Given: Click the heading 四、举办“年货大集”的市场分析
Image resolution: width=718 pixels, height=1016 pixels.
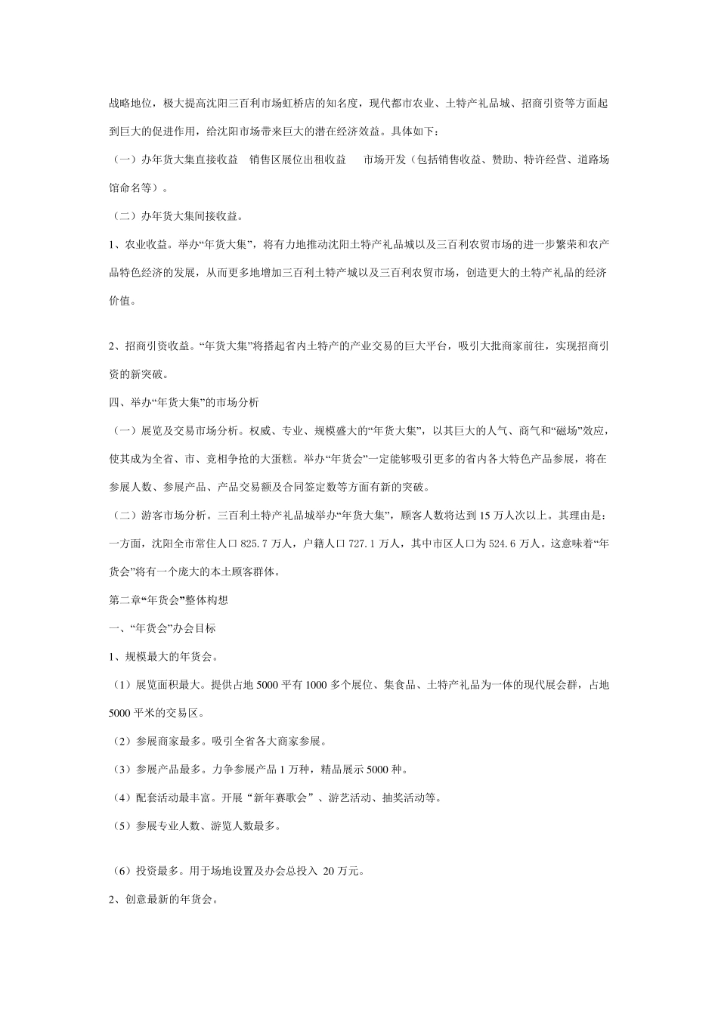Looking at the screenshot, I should tap(184, 402).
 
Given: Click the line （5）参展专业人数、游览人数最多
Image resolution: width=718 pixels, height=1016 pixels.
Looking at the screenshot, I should tap(195, 826).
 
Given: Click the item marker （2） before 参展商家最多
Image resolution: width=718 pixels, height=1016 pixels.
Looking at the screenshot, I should tap(123, 742).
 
